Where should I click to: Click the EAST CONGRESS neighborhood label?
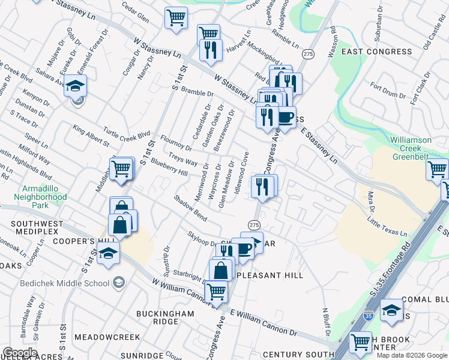pyautogui.click(x=376, y=52)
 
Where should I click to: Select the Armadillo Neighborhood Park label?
pyautogui.click(x=40, y=196)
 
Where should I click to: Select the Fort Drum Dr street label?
pyautogui.click(x=395, y=93)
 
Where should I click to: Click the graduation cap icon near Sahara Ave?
pyautogui.click(x=76, y=85)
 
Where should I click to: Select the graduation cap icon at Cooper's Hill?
pyautogui.click(x=108, y=253)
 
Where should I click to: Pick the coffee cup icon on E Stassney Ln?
pyautogui.click(x=285, y=117)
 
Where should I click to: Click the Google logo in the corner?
pyautogui.click(x=20, y=353)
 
